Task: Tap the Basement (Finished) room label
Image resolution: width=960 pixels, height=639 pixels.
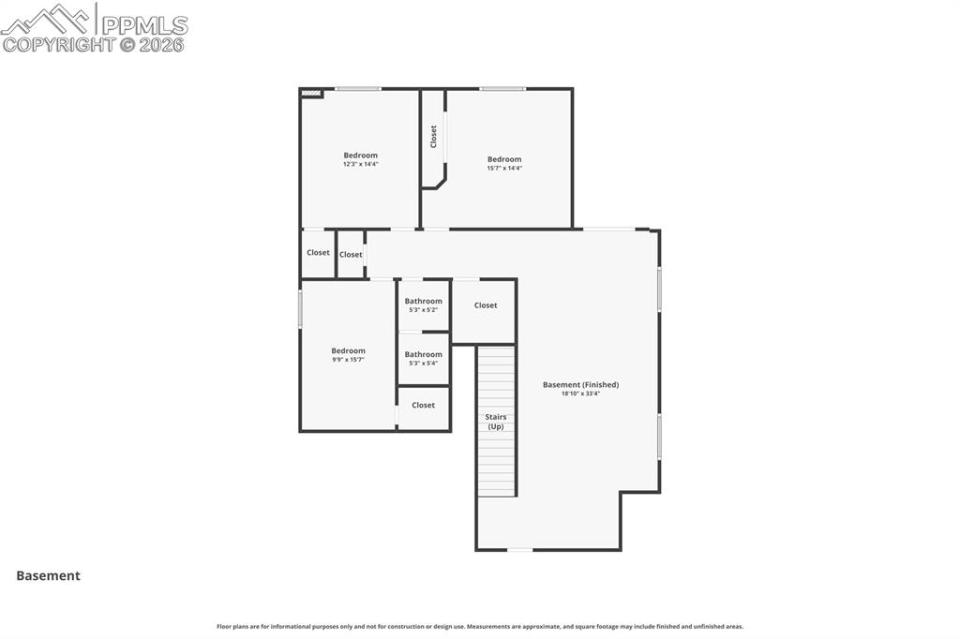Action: pyautogui.click(x=580, y=385)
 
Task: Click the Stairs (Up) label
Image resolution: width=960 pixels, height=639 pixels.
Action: pyautogui.click(x=496, y=422)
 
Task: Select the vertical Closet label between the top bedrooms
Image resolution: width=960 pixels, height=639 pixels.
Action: pyautogui.click(x=433, y=137)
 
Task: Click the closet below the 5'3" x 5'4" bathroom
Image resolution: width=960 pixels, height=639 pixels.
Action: pyautogui.click(x=424, y=406)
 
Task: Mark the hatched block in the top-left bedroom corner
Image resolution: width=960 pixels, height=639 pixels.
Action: pyautogui.click(x=311, y=94)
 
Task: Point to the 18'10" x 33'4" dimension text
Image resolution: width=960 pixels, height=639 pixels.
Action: pyautogui.click(x=580, y=394)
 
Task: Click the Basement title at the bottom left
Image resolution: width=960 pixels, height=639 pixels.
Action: pyautogui.click(x=48, y=576)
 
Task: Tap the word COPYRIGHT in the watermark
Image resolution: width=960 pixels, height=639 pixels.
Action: pyautogui.click(x=58, y=44)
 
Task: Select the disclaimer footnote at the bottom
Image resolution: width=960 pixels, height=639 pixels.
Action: pyautogui.click(x=480, y=627)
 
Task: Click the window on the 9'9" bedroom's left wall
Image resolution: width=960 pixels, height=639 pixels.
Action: pyautogui.click(x=300, y=308)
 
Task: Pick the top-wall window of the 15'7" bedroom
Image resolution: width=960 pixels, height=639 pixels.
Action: pyautogui.click(x=502, y=89)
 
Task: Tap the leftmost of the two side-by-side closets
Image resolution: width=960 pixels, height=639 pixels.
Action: pyautogui.click(x=318, y=253)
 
